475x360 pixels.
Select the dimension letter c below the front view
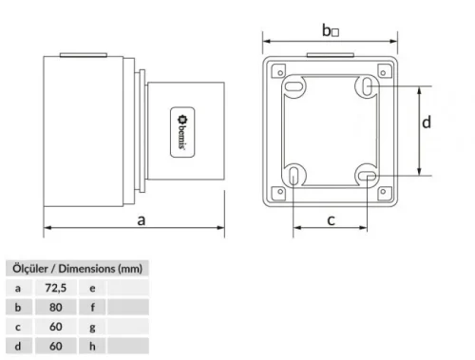click(331, 220)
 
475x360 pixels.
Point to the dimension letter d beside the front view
click(427, 122)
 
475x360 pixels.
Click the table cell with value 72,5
click(55, 286)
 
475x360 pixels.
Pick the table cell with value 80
click(55, 307)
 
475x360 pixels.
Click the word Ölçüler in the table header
click(29, 267)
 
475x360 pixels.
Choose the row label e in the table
click(91, 286)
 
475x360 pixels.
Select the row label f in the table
click(91, 307)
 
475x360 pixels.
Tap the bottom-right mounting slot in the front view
click(367, 175)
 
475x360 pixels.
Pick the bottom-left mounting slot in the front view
click(295, 176)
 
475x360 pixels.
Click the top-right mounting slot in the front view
click(367, 87)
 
